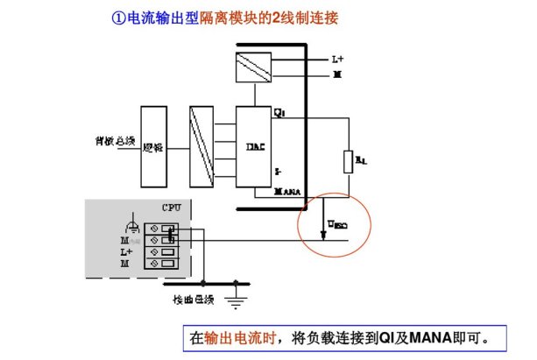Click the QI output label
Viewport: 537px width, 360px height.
[x=279, y=113]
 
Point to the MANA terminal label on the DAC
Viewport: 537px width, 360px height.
[x=287, y=189]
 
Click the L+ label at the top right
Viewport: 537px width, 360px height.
[x=338, y=60]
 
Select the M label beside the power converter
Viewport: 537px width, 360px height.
[x=337, y=75]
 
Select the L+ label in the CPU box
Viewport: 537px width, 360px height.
[x=126, y=251]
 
